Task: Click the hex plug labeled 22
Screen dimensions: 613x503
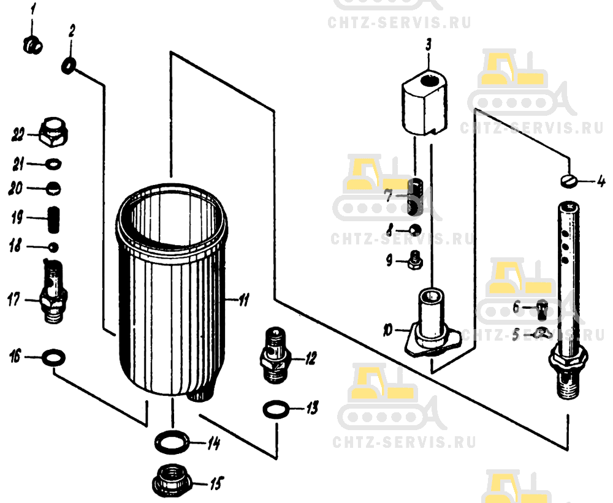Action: click(x=54, y=132)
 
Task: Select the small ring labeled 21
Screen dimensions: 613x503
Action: click(x=53, y=164)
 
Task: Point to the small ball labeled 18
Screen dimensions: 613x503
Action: click(x=53, y=248)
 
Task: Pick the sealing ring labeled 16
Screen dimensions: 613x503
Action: click(x=53, y=358)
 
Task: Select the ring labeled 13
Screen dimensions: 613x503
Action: click(x=276, y=410)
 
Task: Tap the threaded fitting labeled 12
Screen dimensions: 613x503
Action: click(x=275, y=356)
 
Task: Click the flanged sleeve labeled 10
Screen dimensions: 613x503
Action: click(x=432, y=323)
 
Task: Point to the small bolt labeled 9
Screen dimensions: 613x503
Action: click(x=415, y=260)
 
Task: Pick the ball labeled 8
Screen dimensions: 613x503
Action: click(x=415, y=230)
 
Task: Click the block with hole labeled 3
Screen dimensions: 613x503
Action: click(x=424, y=102)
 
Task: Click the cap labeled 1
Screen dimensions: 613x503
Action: click(x=33, y=46)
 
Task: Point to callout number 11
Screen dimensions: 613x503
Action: click(x=244, y=300)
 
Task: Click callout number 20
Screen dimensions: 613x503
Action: click(x=17, y=189)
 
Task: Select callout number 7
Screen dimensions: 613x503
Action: click(x=388, y=195)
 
